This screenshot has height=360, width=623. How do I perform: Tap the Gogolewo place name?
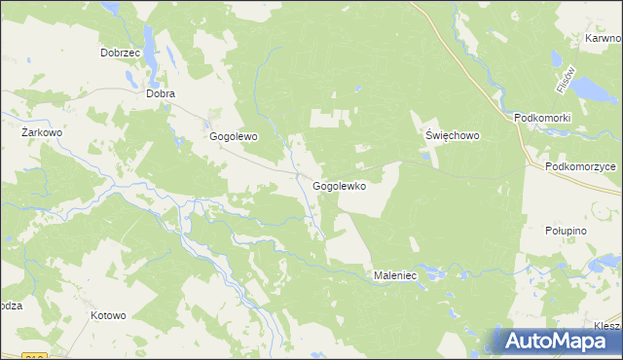pyautogui.click(x=234, y=137)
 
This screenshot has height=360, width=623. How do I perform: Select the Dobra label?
pyautogui.click(x=160, y=94)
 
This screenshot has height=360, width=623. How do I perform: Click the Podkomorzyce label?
pyautogui.click(x=581, y=166)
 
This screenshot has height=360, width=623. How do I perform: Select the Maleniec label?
pyautogui.click(x=395, y=276)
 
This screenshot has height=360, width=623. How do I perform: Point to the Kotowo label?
pyautogui.click(x=108, y=315)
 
